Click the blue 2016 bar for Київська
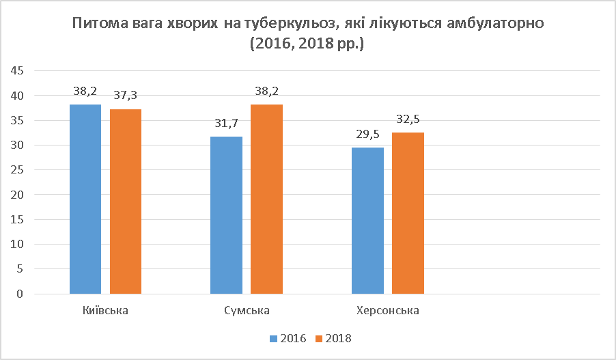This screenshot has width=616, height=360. coord(85,199)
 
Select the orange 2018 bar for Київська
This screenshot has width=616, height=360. coord(126,202)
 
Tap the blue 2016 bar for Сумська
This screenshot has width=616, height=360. coord(226,215)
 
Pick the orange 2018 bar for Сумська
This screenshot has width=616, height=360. coord(266,199)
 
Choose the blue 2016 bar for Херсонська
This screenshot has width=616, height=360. coord(367,221)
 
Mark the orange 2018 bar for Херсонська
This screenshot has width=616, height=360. coord(408,213)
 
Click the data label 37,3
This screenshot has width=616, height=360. coord(126,96)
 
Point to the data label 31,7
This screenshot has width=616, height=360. coord(226,123)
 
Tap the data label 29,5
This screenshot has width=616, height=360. coord(367,134)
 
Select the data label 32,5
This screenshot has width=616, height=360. coord(408,119)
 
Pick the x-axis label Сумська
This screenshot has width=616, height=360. coord(247,311)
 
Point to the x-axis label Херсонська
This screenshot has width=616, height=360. coord(387,311)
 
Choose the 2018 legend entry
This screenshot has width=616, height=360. coord(333,338)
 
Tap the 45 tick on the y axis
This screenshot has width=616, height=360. coord(18,71)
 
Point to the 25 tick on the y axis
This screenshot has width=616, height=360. coord(18,170)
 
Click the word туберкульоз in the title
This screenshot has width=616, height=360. coord(294,25)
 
